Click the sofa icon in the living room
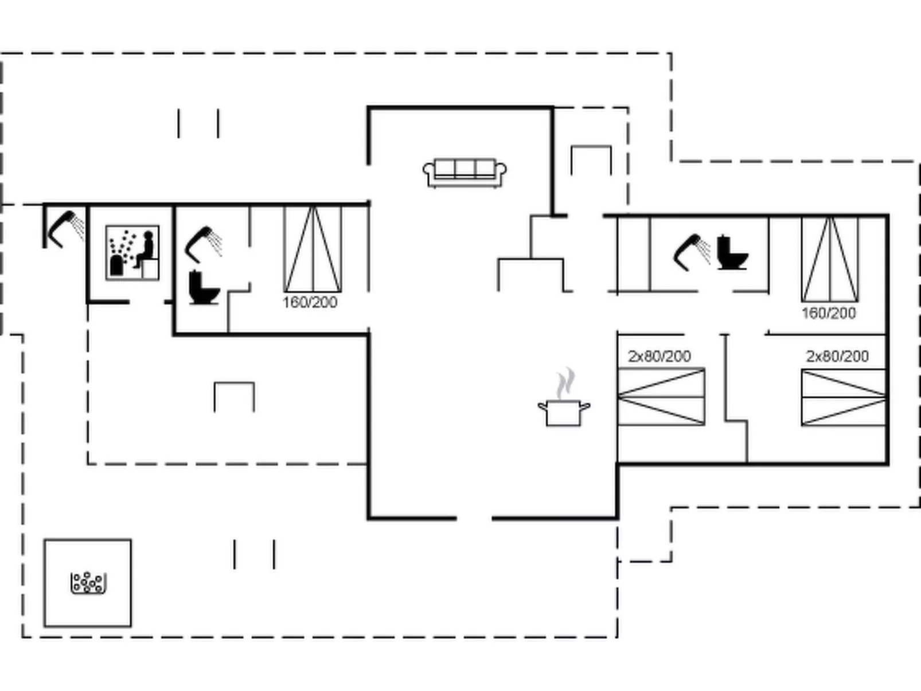[465, 172]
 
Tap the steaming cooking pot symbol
[564, 411]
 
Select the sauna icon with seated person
[132, 252]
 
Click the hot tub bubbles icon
[88, 583]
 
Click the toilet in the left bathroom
[204, 287]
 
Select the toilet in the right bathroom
[732, 253]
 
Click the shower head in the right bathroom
[692, 251]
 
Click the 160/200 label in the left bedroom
[310, 302]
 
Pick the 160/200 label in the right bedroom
[829, 313]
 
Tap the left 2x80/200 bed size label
[659, 356]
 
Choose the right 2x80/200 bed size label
[837, 356]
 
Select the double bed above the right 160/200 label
[830, 259]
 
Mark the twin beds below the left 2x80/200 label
[661, 397]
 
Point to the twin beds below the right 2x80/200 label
[844, 397]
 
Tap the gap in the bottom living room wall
[474, 518]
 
